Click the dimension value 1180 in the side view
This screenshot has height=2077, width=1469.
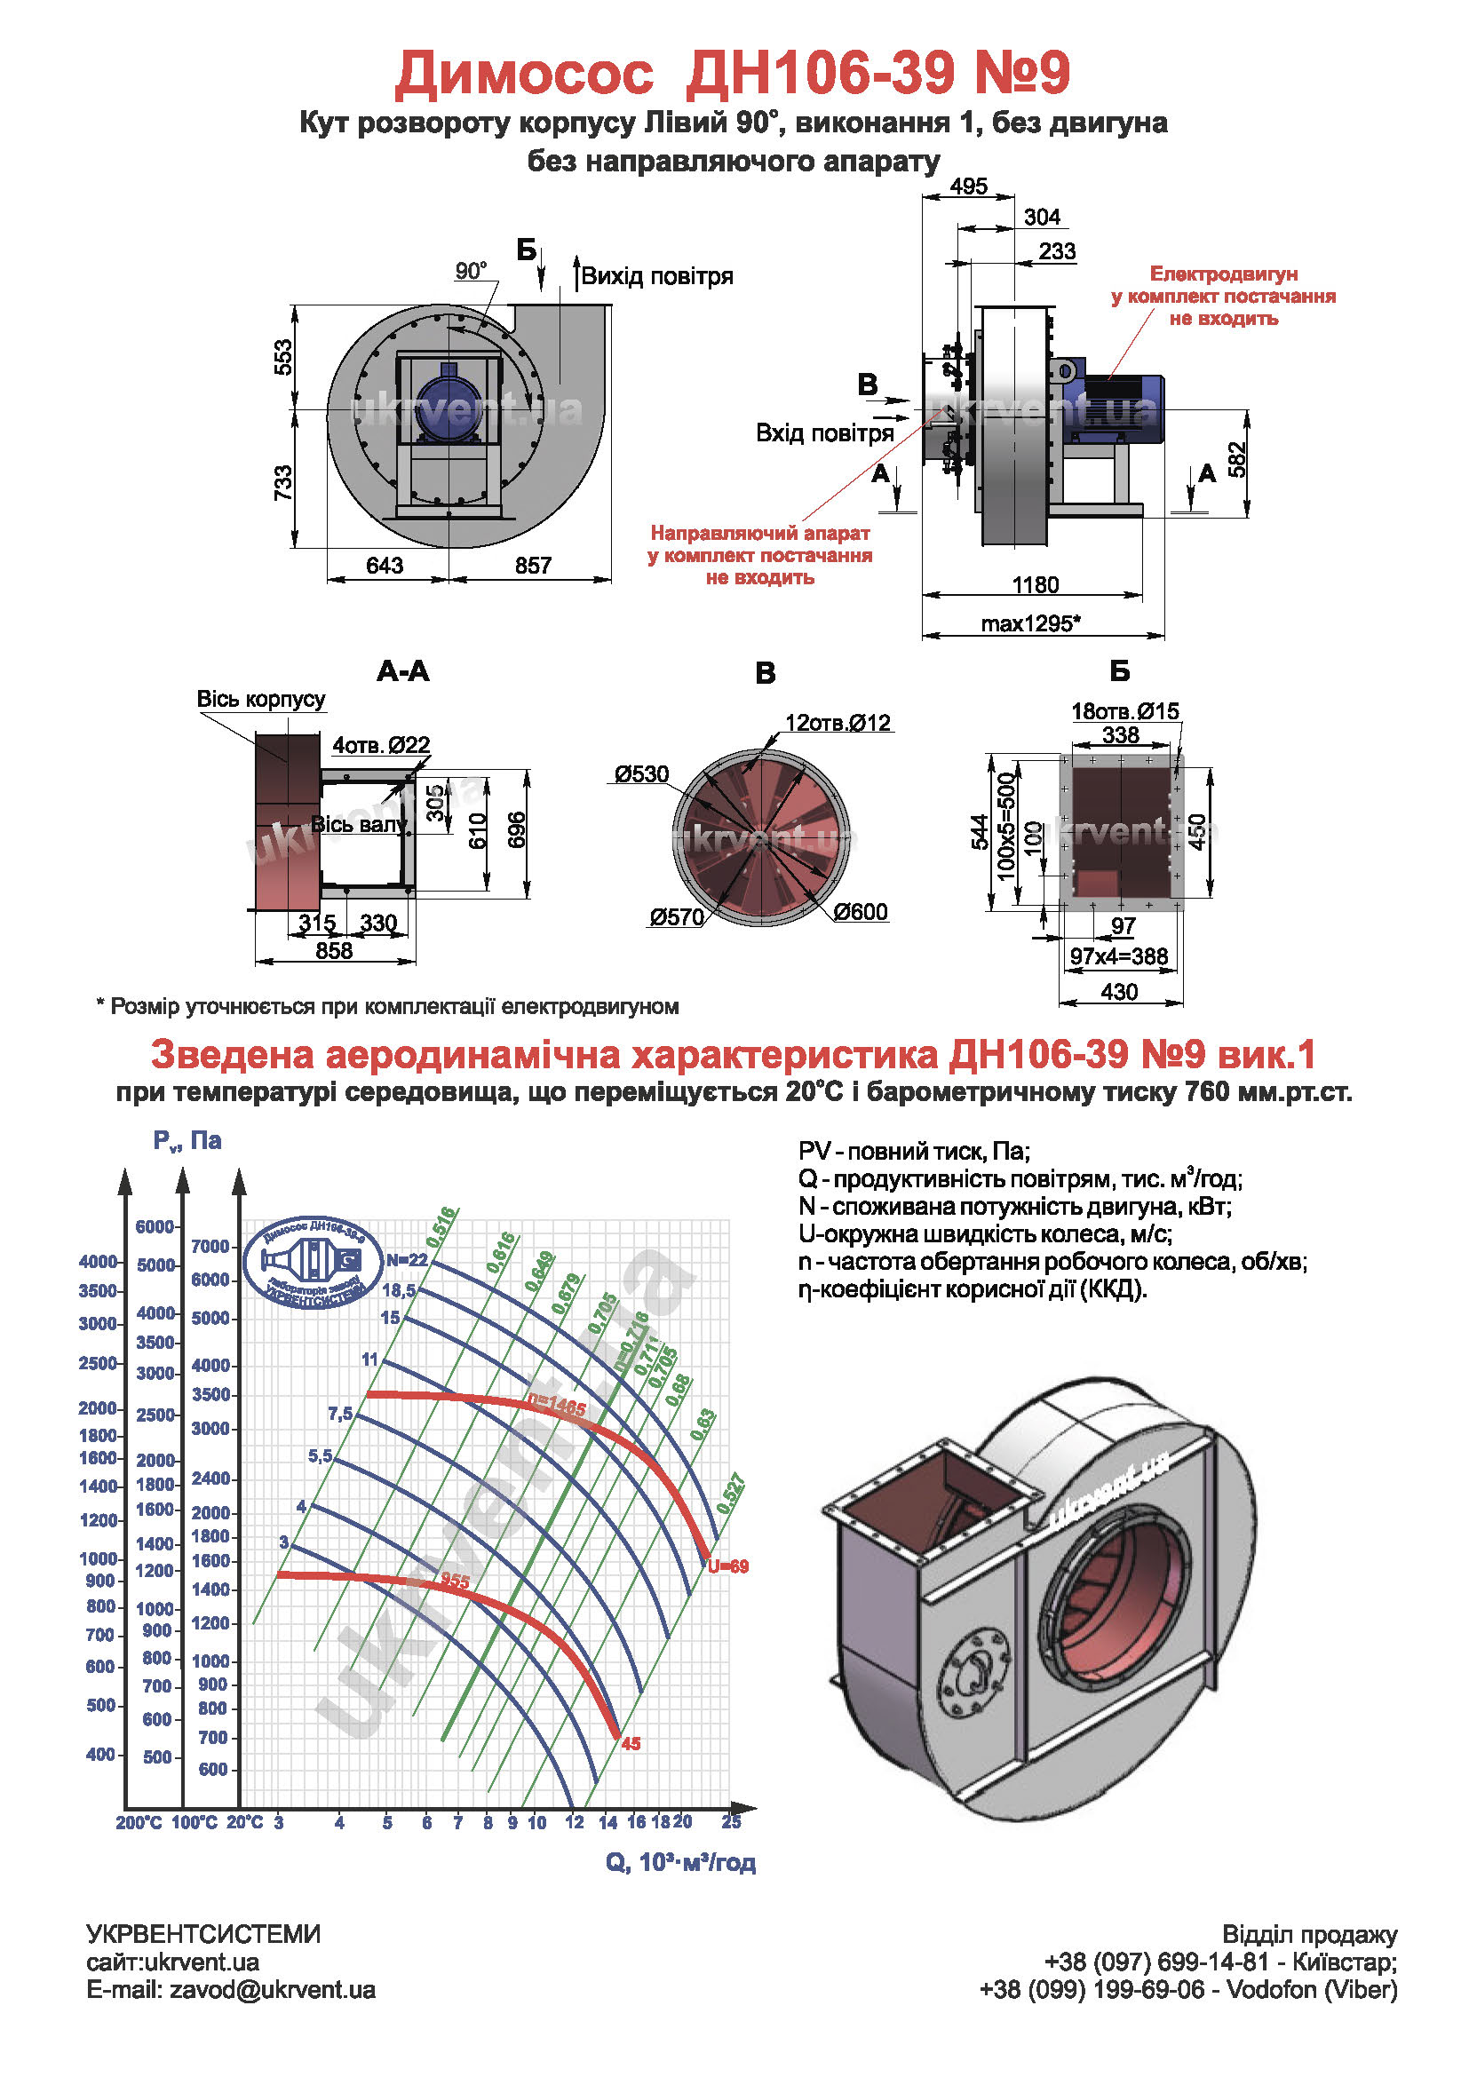1035,584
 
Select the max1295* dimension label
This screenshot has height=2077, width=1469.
1030,623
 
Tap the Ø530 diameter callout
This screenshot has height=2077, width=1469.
641,774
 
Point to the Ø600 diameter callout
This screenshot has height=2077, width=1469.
861,912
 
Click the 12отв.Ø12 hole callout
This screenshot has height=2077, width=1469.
838,723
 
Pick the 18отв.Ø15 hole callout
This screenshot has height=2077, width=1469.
1125,711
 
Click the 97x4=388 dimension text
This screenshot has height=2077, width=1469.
1119,956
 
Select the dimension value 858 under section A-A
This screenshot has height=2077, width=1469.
334,951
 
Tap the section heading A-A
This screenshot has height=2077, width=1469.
402,671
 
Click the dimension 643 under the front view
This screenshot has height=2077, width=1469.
385,566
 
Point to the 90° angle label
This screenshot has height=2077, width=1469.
471,271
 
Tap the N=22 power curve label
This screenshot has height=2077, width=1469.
406,1260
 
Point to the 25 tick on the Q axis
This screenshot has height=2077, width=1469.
731,1822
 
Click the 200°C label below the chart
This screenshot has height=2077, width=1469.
139,1823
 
